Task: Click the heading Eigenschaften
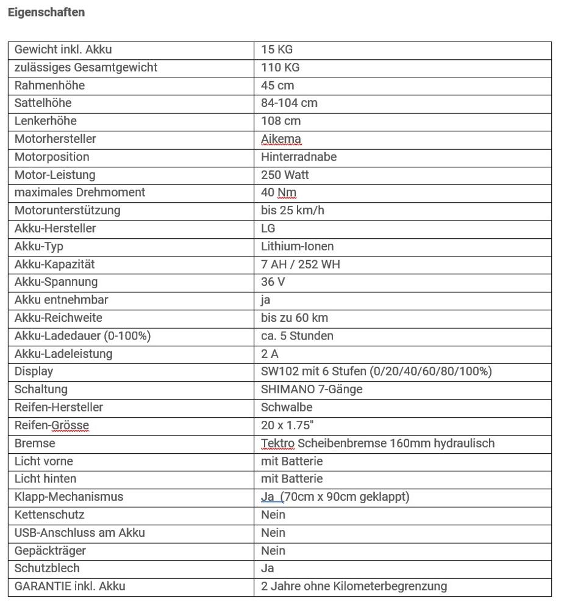46,12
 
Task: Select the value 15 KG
277,49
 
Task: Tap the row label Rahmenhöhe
49,86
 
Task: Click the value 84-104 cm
289,103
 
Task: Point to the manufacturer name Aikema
281,139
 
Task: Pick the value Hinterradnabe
299,157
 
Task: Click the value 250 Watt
285,175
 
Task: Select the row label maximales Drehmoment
80,193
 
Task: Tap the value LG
268,228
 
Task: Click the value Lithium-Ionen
298,247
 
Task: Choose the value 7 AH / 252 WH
301,264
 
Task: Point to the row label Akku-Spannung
56,282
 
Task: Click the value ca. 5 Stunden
297,336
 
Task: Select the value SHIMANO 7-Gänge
312,390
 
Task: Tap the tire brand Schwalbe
287,407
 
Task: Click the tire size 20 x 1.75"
284,426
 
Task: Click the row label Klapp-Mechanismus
69,497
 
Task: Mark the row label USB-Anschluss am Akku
80,533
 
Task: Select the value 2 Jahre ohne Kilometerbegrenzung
354,586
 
